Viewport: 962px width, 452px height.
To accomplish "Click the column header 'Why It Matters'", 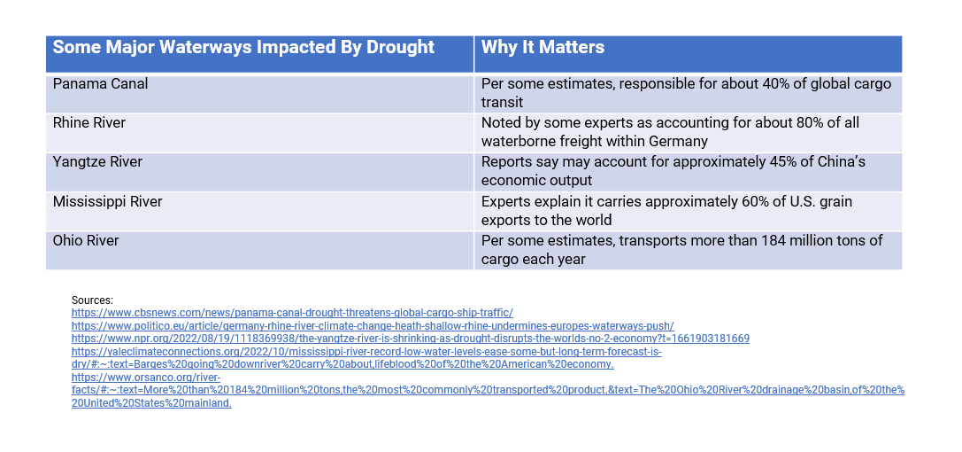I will point(543,48).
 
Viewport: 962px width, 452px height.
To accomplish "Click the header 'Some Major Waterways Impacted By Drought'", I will point(243,48).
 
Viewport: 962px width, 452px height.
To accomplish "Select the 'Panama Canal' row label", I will point(100,84).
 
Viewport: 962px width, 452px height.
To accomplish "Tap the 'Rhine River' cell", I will point(90,123).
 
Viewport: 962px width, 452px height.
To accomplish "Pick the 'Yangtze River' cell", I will point(97,162).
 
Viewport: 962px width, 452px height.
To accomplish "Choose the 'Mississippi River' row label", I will point(107,201).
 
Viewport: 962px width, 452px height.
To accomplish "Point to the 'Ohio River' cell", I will point(86,240).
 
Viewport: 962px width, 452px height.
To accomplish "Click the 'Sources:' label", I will point(92,300).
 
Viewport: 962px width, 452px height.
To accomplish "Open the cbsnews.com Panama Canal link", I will point(292,313).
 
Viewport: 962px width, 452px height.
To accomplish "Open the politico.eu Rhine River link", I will point(373,325).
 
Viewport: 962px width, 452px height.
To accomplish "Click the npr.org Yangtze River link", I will point(411,339).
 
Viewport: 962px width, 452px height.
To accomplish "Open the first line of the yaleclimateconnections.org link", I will point(366,352).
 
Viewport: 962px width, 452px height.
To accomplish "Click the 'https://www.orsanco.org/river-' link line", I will point(146,378).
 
